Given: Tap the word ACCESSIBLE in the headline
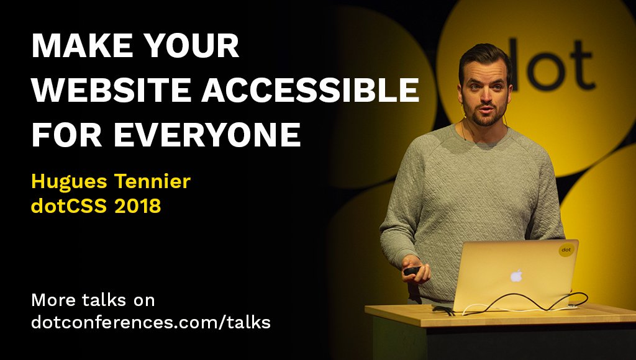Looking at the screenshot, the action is (311, 90).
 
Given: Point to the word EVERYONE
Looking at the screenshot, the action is (207, 135).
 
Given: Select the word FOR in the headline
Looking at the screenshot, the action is (67, 135).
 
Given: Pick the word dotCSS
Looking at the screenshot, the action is (69, 206).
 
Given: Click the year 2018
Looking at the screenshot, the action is (138, 206).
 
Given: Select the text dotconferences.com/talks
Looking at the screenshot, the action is (151, 322).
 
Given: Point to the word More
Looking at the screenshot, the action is (53, 300).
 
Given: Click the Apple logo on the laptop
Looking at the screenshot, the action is (516, 276).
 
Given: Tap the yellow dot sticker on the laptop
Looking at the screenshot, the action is (566, 250).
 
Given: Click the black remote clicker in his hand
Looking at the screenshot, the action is (411, 271).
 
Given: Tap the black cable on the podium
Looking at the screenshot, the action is (523, 302).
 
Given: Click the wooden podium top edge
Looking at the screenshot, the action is (500, 315).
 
